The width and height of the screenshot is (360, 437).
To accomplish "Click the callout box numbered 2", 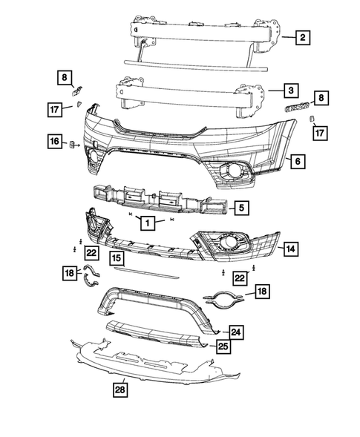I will tap(303, 36).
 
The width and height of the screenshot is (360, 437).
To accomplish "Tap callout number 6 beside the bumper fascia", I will tap(296, 160).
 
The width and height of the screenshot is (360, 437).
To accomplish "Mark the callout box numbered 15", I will tap(117, 258).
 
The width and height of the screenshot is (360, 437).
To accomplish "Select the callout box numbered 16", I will tap(55, 141).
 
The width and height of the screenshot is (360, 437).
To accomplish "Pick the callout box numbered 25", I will tap(223, 346).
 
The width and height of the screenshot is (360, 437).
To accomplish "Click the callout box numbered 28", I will tap(120, 388).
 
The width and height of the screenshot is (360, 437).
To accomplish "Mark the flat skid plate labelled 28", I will tap(148, 364).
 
